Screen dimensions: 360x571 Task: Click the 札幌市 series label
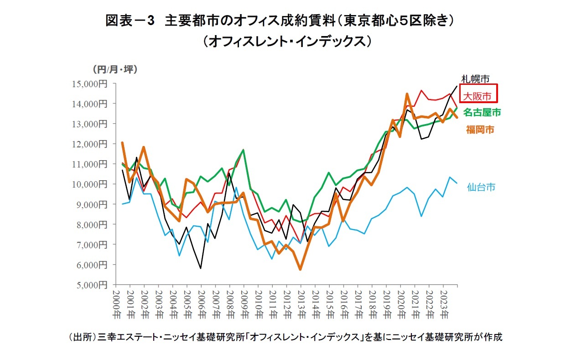[x=475, y=78]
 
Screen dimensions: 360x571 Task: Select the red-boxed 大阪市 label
[x=478, y=96]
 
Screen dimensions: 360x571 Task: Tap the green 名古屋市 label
[x=482, y=112]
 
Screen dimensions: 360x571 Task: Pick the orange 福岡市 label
[x=480, y=130]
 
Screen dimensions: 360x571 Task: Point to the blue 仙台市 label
[x=481, y=187]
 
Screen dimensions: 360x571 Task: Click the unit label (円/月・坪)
[x=114, y=69]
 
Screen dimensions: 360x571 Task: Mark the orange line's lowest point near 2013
[x=300, y=269]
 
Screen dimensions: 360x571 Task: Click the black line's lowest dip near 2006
[x=201, y=268]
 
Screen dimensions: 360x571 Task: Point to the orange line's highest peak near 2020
[x=407, y=94]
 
